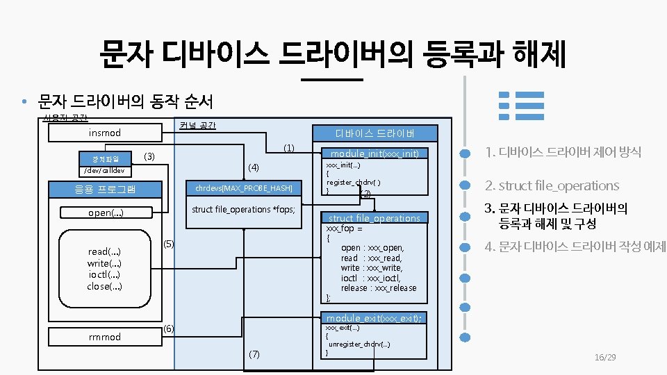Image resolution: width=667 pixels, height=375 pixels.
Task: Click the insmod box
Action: coord(105,133)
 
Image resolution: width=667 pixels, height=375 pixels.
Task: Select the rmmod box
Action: coord(105,337)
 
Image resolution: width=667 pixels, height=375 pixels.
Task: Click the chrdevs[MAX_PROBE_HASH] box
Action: coord(244,188)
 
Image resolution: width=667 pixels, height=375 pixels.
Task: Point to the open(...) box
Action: coord(105,212)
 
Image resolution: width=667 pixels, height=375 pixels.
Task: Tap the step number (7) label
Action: coord(254,354)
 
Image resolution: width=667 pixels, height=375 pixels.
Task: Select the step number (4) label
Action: coord(254,167)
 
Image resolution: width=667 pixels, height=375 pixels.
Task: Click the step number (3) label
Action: coord(149,156)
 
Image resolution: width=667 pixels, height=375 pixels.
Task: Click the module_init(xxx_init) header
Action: coord(374,153)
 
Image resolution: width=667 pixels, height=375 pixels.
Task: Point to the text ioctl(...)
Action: coord(105,274)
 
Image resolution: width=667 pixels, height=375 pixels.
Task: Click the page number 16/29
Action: coord(605,357)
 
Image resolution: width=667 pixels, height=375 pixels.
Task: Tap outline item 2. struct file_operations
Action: coord(552,185)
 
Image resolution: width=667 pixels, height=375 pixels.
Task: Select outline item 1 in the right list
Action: coord(563,151)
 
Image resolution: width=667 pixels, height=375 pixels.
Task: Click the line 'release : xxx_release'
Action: coord(379,288)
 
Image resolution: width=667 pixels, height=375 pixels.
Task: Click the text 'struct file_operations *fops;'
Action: coord(243,209)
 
